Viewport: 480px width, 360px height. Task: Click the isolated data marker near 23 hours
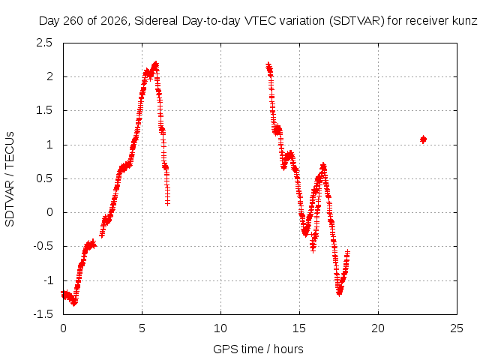(x=423, y=139)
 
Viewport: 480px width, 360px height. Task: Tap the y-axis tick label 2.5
(x=44, y=43)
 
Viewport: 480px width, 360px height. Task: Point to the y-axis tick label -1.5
(x=43, y=314)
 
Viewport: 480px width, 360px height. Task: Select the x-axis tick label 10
(x=220, y=328)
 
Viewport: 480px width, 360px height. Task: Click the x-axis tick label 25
(x=457, y=328)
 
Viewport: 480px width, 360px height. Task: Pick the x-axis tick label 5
(x=142, y=328)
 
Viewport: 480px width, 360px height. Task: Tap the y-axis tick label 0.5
(x=44, y=178)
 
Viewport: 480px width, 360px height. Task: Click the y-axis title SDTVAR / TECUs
(x=10, y=179)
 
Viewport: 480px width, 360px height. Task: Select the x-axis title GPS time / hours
(x=258, y=349)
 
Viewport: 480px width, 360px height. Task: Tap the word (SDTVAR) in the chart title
(x=357, y=21)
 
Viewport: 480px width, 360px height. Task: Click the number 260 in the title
(x=73, y=21)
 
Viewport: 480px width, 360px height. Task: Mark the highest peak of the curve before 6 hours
(x=156, y=64)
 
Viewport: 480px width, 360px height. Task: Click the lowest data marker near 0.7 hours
(x=73, y=303)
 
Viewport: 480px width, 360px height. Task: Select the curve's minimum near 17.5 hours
(x=339, y=293)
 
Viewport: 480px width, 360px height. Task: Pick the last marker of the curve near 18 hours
(x=347, y=253)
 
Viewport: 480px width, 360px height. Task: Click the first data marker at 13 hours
(x=268, y=65)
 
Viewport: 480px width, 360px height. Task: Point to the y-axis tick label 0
(x=49, y=212)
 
